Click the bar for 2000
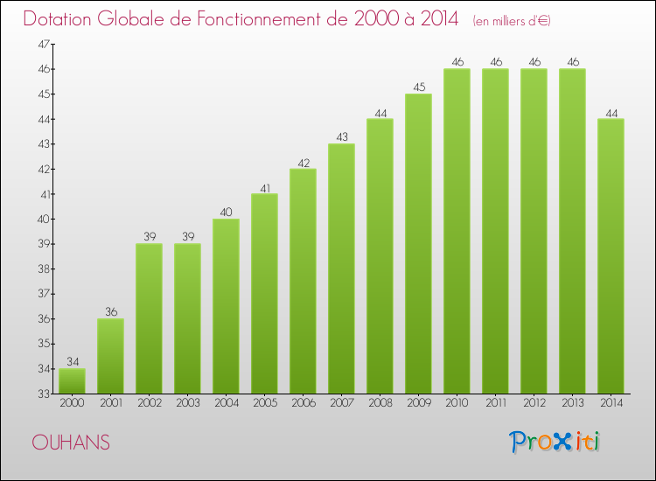(72, 381)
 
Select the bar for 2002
(149, 318)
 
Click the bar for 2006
(303, 281)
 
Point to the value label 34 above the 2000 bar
(72, 362)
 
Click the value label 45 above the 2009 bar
(418, 87)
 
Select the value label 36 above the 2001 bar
(110, 312)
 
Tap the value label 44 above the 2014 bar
(611, 112)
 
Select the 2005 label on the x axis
(264, 404)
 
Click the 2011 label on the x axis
(495, 404)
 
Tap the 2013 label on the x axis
(572, 404)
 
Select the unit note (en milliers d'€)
(512, 20)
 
